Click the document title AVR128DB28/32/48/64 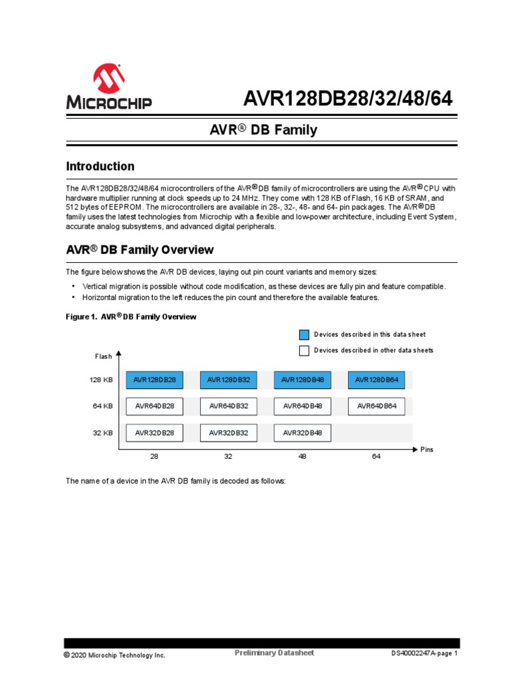click(347, 99)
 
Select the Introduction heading click(100, 166)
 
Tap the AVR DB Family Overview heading click(139, 250)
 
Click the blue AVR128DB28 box click(155, 380)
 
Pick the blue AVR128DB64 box click(376, 380)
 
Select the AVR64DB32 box click(229, 406)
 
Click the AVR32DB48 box click(302, 433)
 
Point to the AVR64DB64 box click(376, 406)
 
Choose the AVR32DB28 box click(155, 433)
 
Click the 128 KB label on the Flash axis click(101, 380)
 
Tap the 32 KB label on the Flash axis click(103, 433)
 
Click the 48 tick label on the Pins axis click(302, 457)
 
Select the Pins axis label click(427, 450)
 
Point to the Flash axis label click(103, 356)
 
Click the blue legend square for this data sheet click(304, 335)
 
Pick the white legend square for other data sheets click(304, 351)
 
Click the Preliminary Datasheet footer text click(274, 653)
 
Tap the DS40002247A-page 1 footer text click(424, 654)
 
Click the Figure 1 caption click(131, 317)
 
